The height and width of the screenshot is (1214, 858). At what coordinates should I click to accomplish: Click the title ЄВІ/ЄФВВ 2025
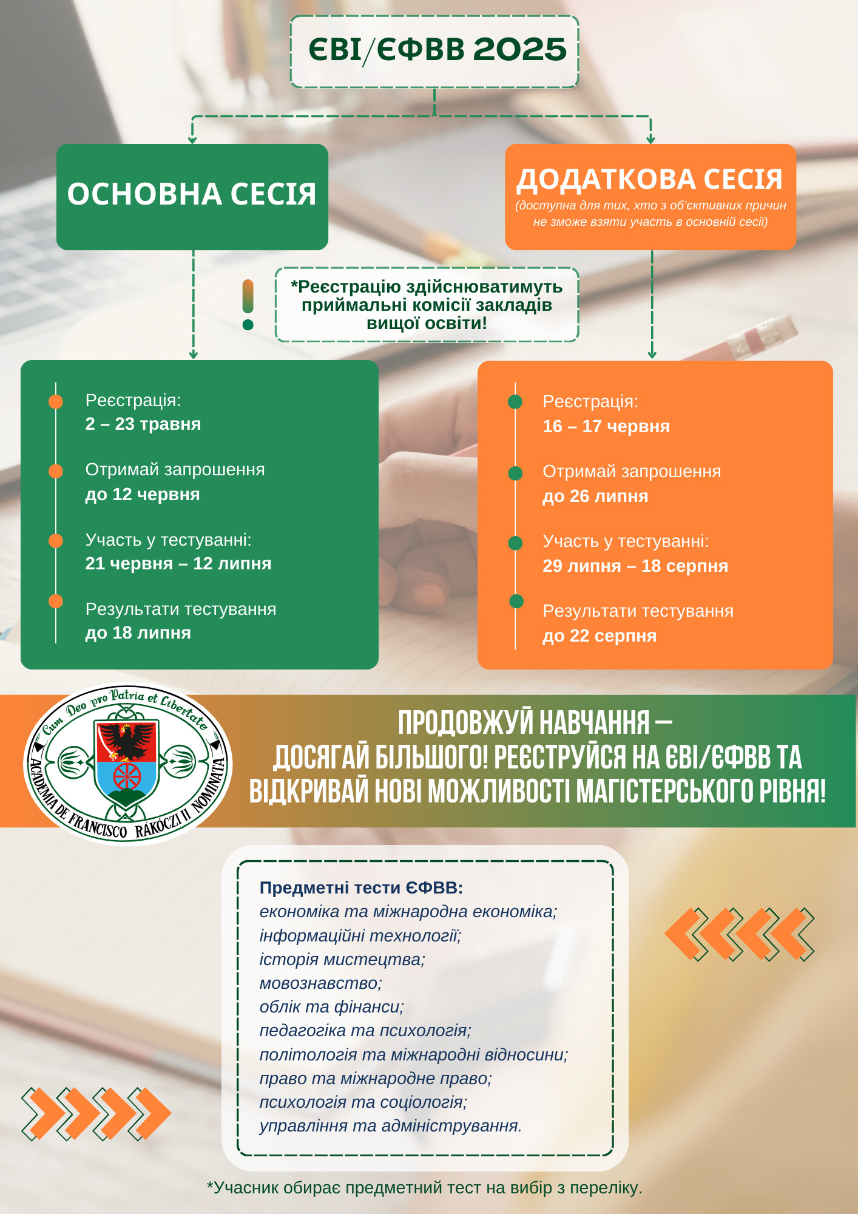(436, 50)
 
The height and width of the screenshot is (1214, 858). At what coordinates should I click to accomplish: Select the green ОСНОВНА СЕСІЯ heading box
(192, 195)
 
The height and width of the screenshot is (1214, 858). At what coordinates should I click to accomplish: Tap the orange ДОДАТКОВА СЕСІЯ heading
(649, 180)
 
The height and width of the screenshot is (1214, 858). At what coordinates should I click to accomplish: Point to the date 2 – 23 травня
(143, 424)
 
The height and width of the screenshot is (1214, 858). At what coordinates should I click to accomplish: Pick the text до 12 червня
(143, 494)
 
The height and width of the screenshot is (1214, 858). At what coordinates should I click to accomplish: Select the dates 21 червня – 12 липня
(178, 563)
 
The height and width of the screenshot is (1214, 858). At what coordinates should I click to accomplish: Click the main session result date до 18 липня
(138, 632)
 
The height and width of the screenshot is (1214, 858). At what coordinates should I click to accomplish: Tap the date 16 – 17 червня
(606, 426)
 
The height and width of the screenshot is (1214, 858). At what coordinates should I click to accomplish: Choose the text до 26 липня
(595, 496)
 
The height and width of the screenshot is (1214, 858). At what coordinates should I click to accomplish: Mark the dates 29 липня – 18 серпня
(635, 566)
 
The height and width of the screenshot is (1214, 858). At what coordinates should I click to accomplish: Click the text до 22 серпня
(600, 636)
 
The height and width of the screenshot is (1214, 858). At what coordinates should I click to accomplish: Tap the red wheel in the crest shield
(127, 776)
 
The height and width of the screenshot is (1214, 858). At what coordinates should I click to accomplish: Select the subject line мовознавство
(320, 983)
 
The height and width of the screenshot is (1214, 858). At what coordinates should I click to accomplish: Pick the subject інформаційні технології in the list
(360, 935)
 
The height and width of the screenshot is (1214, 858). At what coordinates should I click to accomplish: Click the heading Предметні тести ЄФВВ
(361, 887)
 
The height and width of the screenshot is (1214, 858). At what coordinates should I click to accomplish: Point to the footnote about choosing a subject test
(424, 1187)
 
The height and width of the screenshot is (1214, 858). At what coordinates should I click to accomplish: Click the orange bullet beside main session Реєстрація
(56, 401)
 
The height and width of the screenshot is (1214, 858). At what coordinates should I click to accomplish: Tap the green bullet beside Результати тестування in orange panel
(516, 601)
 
